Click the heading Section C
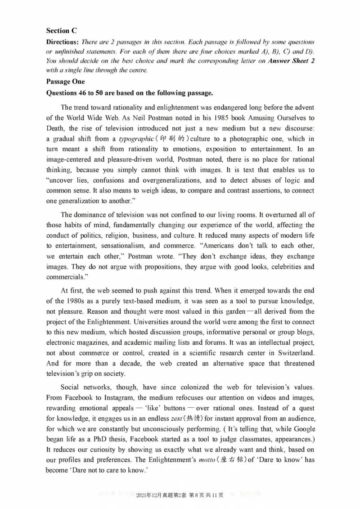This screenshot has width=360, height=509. [62, 31]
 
